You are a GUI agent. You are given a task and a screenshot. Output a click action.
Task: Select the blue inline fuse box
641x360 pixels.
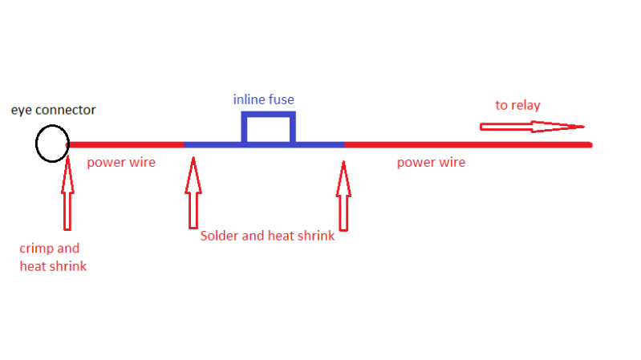coord(269,128)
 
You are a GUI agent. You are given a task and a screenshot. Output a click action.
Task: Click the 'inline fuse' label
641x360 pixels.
coord(264,99)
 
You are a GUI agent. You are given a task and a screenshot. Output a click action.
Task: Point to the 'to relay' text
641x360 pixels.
coord(518,105)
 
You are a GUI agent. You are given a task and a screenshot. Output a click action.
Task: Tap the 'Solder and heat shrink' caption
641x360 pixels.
coord(267,236)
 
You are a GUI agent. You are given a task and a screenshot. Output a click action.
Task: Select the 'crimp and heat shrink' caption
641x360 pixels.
coord(52,257)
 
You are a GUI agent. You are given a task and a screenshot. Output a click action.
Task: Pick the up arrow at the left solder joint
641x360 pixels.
coord(193,192)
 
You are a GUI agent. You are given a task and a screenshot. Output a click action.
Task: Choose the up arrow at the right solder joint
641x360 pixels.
coord(344,192)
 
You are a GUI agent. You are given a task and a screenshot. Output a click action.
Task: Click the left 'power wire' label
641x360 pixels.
coord(121,163)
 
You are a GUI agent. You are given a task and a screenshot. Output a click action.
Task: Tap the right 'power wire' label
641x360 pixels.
coord(431,163)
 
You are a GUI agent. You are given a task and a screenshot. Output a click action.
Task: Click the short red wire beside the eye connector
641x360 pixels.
coord(127,144)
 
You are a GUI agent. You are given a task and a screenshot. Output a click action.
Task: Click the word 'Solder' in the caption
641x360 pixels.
coord(219,236)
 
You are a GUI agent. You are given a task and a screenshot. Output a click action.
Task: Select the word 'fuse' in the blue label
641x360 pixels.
coord(282,99)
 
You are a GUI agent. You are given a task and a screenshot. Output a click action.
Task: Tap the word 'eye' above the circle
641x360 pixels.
coord(20,111)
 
